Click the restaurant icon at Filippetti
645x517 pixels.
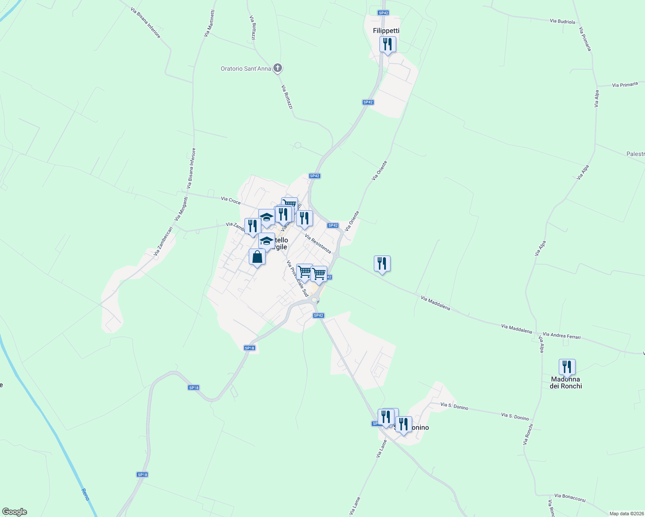pos(388,44)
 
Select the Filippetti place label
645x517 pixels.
pos(386,31)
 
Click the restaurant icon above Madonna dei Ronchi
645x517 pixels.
pos(567,367)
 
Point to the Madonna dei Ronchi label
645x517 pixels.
pos(566,383)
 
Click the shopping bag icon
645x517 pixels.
pos(257,257)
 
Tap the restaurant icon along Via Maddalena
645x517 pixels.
pos(382,264)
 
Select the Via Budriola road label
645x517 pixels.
pos(562,21)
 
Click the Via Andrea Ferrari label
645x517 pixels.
pos(561,336)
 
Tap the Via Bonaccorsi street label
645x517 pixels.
pos(570,498)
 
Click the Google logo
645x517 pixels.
pos(14,512)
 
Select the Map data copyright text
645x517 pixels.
pos(626,514)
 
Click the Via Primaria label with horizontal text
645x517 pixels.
pos(625,85)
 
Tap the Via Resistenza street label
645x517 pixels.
pos(318,243)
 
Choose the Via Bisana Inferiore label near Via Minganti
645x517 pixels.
pos(191,168)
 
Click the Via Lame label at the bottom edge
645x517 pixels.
pos(355,506)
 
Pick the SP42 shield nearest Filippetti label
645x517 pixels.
pos(383,13)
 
